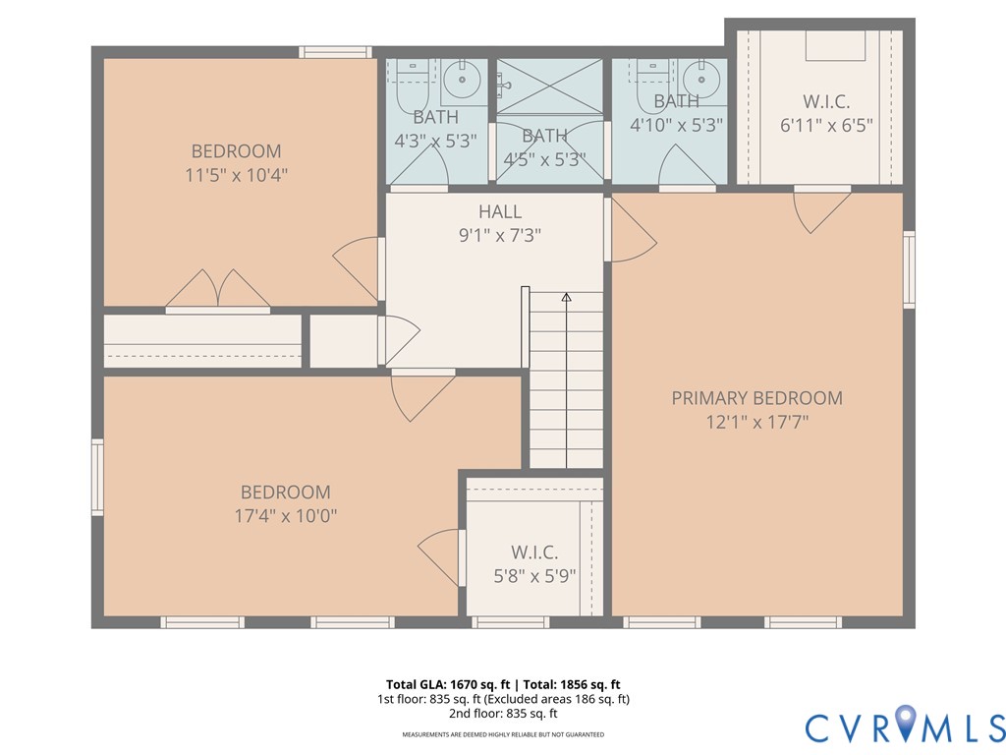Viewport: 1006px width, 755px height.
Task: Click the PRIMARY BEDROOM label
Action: tap(756, 398)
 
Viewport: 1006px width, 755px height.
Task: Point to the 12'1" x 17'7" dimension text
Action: tap(756, 423)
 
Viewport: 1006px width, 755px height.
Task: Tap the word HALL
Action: tap(500, 211)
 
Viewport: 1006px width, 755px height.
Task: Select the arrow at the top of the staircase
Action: tap(566, 297)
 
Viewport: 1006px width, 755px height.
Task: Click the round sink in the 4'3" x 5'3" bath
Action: tap(459, 76)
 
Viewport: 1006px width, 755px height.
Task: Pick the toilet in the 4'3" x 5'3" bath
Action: tap(411, 88)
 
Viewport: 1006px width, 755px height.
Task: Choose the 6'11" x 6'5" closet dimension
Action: tap(826, 125)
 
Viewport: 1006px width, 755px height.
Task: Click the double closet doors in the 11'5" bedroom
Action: tap(217, 290)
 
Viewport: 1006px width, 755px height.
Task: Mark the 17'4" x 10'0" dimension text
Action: tap(286, 515)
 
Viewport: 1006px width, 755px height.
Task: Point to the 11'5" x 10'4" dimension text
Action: tap(236, 175)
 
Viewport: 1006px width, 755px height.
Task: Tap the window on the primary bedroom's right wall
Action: tap(909, 269)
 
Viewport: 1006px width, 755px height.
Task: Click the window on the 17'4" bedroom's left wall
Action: tap(97, 477)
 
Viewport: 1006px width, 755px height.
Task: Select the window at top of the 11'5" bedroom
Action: tap(335, 52)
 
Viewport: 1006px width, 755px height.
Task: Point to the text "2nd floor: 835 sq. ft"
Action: tap(502, 714)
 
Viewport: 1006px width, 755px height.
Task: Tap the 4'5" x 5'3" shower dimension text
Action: tap(544, 159)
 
